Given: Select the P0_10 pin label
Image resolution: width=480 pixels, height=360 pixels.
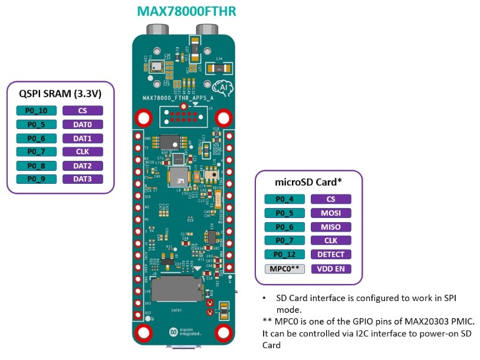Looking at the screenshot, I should [36, 110].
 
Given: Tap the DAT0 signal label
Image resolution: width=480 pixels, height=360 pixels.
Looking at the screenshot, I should [82, 124].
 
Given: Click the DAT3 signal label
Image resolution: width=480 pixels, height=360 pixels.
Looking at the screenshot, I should [82, 179].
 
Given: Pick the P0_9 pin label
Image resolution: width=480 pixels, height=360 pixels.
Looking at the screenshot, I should [36, 179].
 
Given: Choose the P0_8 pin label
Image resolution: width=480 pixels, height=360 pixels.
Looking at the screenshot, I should [36, 166].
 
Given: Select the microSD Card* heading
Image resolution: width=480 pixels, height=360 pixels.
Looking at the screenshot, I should [307, 182].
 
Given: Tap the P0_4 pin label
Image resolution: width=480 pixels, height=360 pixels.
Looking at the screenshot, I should [284, 199].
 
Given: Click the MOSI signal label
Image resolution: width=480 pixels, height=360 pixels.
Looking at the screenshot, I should [331, 213].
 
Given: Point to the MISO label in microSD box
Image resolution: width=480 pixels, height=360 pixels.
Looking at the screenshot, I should [331, 227].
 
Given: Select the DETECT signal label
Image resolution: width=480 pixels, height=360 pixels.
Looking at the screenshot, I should [331, 255].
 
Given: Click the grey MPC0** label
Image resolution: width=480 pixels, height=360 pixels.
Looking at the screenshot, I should [284, 269].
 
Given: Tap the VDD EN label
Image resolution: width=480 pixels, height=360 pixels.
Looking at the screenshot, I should [331, 269].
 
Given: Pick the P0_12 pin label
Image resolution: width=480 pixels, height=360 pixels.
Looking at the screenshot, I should [284, 255].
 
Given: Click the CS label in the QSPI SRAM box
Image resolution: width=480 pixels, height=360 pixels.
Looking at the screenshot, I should [82, 110].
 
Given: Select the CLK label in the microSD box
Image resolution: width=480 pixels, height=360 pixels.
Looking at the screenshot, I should [331, 240].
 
